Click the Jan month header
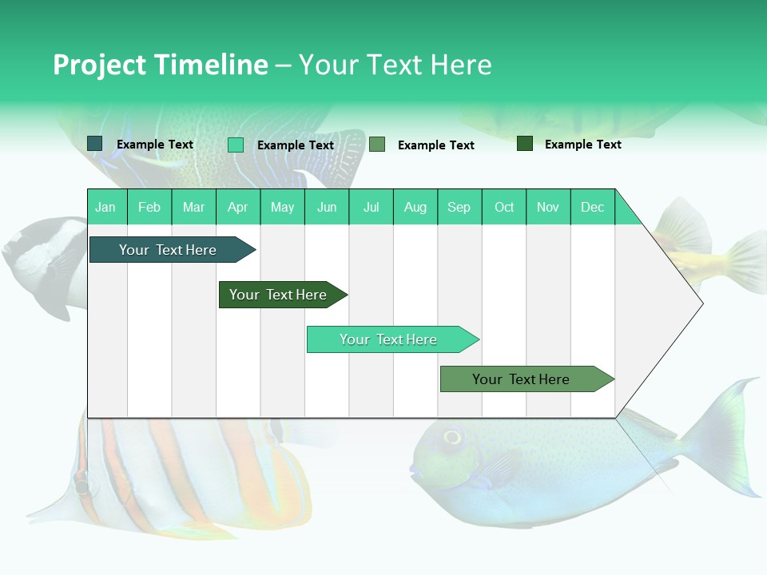(106, 207)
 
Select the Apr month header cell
(238, 207)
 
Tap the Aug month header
(415, 207)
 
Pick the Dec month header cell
(593, 207)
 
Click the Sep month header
(459, 207)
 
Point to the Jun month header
(327, 207)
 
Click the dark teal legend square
(95, 144)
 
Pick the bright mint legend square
(236, 145)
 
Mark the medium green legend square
(377, 145)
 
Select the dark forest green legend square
(525, 144)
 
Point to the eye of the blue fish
(452, 437)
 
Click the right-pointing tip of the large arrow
(701, 303)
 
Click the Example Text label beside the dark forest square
(582, 145)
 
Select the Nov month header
(548, 207)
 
